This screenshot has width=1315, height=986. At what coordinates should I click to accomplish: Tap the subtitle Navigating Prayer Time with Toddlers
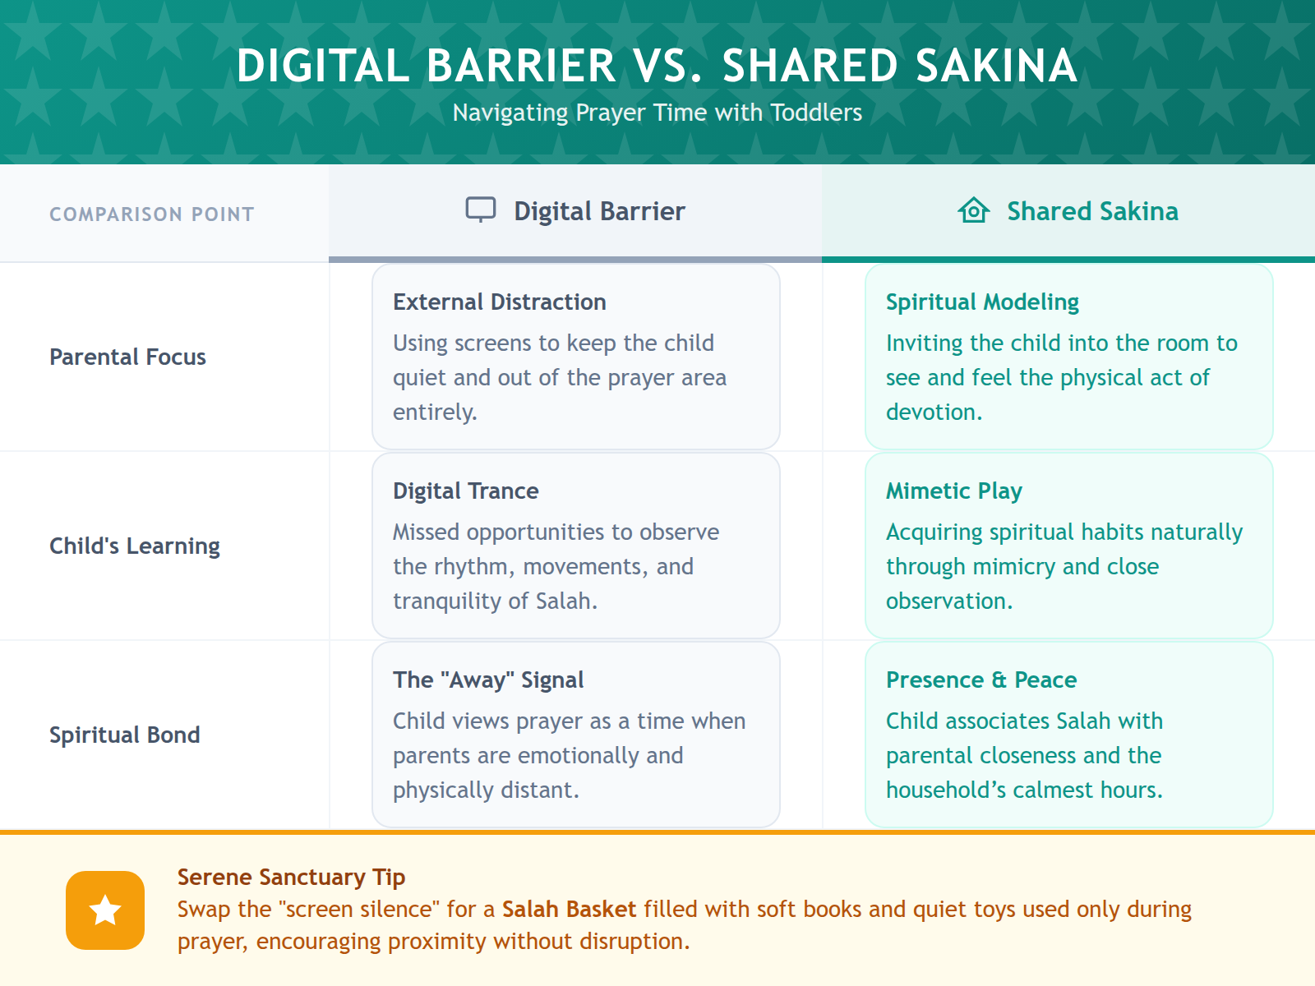click(657, 113)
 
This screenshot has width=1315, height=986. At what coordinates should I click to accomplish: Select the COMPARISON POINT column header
click(152, 214)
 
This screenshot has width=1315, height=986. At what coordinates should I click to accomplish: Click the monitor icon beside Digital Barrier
click(481, 210)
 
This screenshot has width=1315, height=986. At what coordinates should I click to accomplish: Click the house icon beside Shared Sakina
click(974, 210)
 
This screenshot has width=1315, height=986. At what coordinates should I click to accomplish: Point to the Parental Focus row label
click(127, 357)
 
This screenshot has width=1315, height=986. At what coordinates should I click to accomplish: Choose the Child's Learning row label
click(135, 546)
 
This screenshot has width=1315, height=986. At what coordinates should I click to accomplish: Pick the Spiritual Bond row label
click(124, 735)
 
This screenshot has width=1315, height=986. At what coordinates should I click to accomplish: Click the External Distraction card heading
click(499, 302)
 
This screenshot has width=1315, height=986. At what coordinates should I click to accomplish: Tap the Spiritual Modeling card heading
click(982, 302)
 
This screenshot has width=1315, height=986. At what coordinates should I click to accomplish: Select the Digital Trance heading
click(465, 491)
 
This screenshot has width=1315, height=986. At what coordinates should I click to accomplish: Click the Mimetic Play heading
click(953, 491)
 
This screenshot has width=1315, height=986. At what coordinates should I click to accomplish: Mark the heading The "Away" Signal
click(488, 680)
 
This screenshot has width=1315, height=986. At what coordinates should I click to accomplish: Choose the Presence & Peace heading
click(980, 680)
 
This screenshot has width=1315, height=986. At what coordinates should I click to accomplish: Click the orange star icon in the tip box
click(105, 910)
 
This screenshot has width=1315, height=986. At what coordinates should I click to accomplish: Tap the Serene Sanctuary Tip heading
click(291, 878)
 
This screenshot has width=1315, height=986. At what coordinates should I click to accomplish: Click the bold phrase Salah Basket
click(569, 910)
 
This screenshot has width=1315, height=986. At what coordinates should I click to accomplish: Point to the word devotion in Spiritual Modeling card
click(932, 412)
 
